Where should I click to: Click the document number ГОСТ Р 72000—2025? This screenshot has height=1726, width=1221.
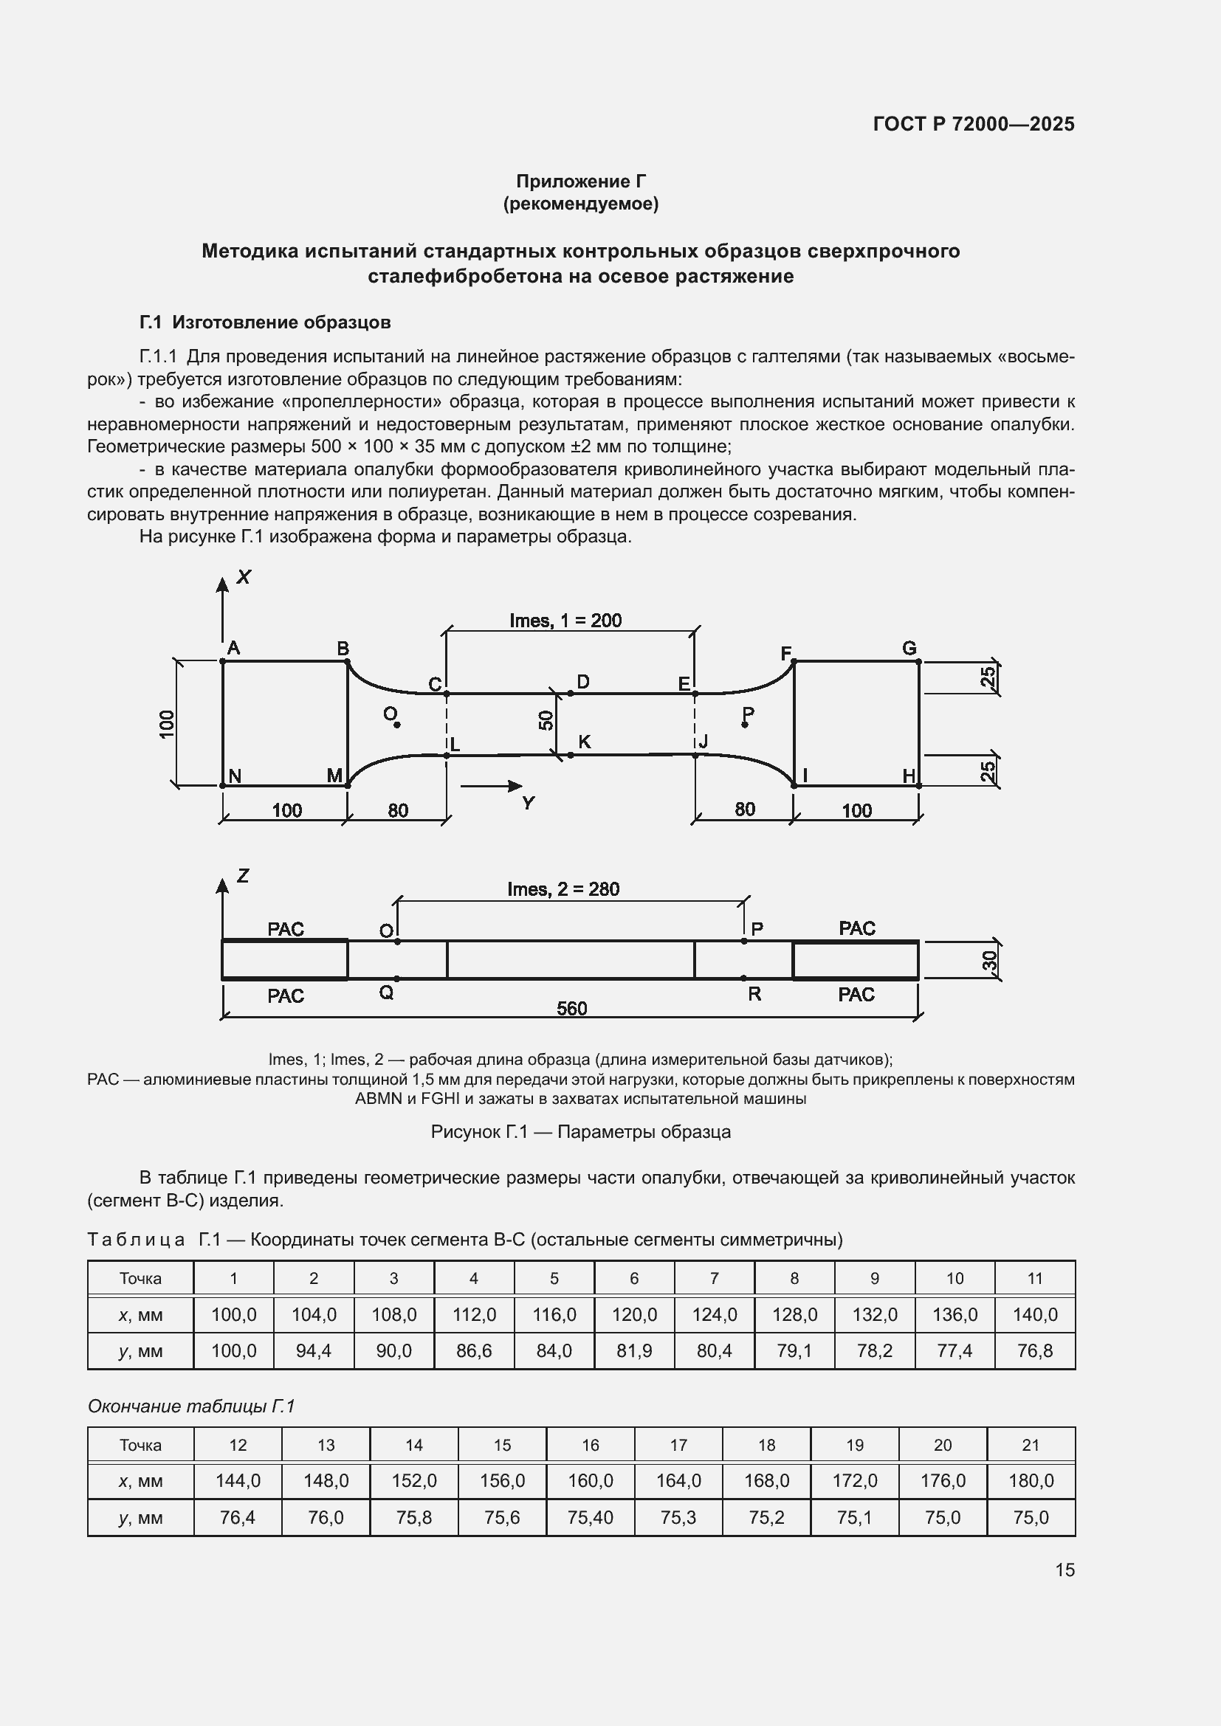pyautogui.click(x=973, y=124)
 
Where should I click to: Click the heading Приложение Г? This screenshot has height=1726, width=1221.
pyautogui.click(x=580, y=182)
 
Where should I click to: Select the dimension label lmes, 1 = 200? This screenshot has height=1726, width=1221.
pyautogui.click(x=565, y=620)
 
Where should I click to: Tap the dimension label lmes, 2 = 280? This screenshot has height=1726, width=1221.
pyautogui.click(x=563, y=889)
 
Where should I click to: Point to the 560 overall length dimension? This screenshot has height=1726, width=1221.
pyautogui.click(x=571, y=1008)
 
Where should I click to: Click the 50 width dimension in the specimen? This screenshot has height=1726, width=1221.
pyautogui.click(x=546, y=720)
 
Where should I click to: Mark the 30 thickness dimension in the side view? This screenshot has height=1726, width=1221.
pyautogui.click(x=989, y=960)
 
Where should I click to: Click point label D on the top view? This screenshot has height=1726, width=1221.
pyautogui.click(x=582, y=681)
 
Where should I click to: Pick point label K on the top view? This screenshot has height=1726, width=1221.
pyautogui.click(x=584, y=742)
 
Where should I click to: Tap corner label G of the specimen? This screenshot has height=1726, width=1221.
pyautogui.click(x=909, y=648)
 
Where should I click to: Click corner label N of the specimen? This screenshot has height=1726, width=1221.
pyautogui.click(x=235, y=776)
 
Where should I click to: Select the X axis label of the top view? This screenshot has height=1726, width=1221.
pyautogui.click(x=244, y=576)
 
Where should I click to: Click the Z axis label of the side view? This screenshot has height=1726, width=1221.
pyautogui.click(x=243, y=875)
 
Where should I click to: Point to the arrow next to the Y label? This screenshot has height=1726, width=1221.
pyautogui.click(x=492, y=787)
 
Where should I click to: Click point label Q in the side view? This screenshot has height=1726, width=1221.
pyautogui.click(x=385, y=993)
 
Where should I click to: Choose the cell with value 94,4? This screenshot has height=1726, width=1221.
pyautogui.click(x=314, y=1351)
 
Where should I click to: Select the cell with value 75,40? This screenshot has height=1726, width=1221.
pyautogui.click(x=591, y=1518)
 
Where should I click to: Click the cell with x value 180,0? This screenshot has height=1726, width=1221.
pyautogui.click(x=1031, y=1481)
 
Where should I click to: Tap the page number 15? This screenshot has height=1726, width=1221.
pyautogui.click(x=1064, y=1570)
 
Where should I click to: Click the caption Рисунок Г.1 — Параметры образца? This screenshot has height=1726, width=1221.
pyautogui.click(x=580, y=1131)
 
